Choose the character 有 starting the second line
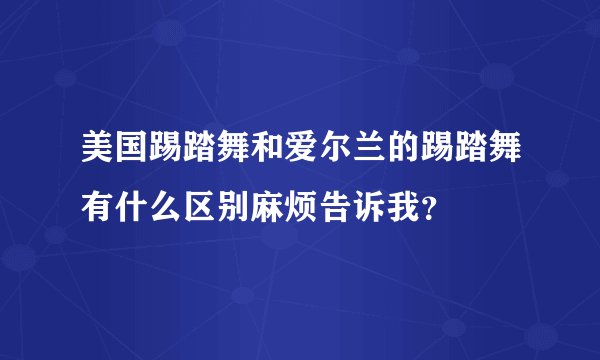pos(97,209)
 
